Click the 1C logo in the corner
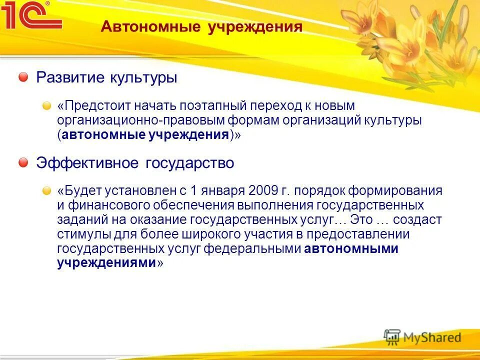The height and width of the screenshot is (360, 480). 31,16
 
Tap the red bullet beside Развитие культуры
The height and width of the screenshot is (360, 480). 23,77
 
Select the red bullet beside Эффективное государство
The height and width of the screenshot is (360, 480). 23,163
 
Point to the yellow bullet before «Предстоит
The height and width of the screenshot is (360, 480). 46,106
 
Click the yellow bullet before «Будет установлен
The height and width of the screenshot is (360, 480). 46,191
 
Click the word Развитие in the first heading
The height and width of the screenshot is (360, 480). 63,78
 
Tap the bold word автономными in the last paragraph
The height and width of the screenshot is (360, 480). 351,249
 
